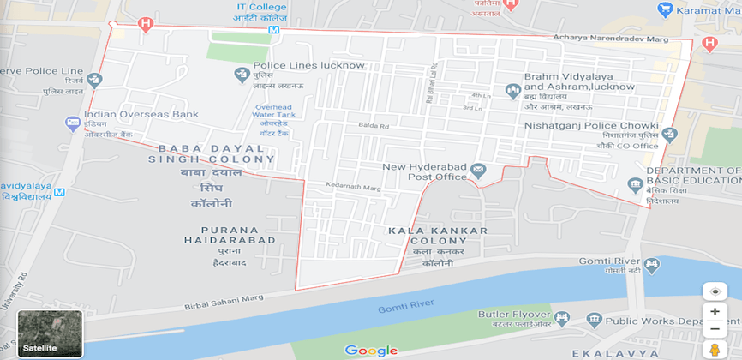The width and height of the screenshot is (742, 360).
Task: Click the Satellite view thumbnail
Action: coord(50,333)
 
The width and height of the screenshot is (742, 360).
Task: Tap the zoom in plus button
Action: coord(715,311)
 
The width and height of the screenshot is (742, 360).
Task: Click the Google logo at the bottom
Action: coord(371,350)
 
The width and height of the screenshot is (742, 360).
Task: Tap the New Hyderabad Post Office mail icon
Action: coord(478,171)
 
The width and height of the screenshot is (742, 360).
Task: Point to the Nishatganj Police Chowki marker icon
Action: coord(669,134)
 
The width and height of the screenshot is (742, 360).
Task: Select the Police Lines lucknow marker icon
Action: coord(242,75)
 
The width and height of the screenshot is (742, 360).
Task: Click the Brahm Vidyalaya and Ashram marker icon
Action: coord(512,89)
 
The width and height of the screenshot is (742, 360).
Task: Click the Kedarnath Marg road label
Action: coord(352,187)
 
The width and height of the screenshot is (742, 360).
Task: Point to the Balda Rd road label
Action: coord(374,127)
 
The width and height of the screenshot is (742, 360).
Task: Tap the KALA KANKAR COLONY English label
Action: coord(437,237)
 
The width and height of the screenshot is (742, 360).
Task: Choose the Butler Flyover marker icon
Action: coord(563,318)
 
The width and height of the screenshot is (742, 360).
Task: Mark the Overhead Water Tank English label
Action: coord(274,111)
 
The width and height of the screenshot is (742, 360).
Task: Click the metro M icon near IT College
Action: coord(273,29)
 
